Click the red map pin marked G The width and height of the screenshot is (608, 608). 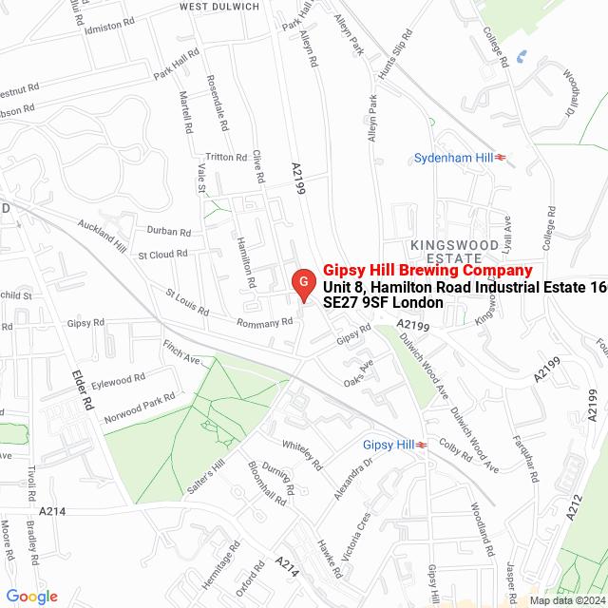pyautogui.click(x=302, y=282)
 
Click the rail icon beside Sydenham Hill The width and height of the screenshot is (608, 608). pyautogui.click(x=499, y=157)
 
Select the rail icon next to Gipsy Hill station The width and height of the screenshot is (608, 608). pyautogui.click(x=422, y=445)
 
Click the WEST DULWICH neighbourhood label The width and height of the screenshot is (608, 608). pyautogui.click(x=218, y=7)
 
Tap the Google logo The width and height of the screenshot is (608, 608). pyautogui.click(x=31, y=596)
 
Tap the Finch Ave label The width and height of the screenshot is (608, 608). pyautogui.click(x=182, y=353)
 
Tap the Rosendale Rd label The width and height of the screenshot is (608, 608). pyautogui.click(x=218, y=101)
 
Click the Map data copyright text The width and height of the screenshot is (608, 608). pyautogui.click(x=567, y=599)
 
